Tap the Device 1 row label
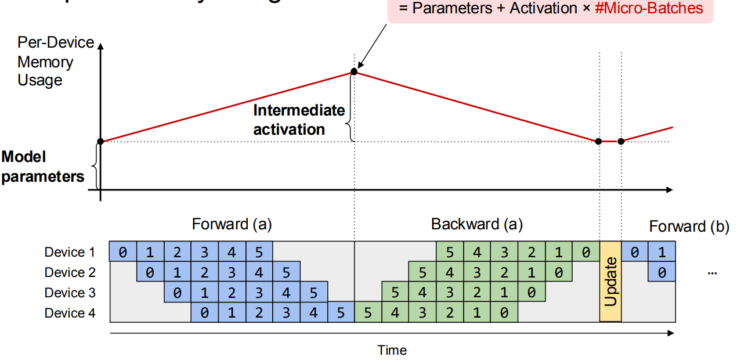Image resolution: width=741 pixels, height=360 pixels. (70, 252)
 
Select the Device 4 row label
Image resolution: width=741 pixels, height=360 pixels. (70, 314)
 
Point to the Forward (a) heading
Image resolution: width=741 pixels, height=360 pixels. (232, 224)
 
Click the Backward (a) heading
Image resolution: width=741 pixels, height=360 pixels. (476, 224)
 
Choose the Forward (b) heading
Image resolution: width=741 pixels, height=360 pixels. (689, 226)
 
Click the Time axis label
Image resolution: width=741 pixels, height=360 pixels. (392, 350)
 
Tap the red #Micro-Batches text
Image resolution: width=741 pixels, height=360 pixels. (649, 8)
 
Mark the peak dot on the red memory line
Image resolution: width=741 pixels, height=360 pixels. (354, 71)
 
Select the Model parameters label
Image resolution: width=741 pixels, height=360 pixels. (42, 167)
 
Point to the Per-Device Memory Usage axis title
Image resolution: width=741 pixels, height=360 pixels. (55, 61)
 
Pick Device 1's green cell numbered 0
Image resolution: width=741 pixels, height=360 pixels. (585, 253)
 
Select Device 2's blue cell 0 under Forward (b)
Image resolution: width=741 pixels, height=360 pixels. (662, 273)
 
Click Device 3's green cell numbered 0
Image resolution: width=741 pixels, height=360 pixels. (532, 293)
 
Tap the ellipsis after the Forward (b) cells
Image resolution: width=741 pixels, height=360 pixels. (713, 272)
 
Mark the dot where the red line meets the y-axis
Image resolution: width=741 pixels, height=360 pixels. (100, 141)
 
